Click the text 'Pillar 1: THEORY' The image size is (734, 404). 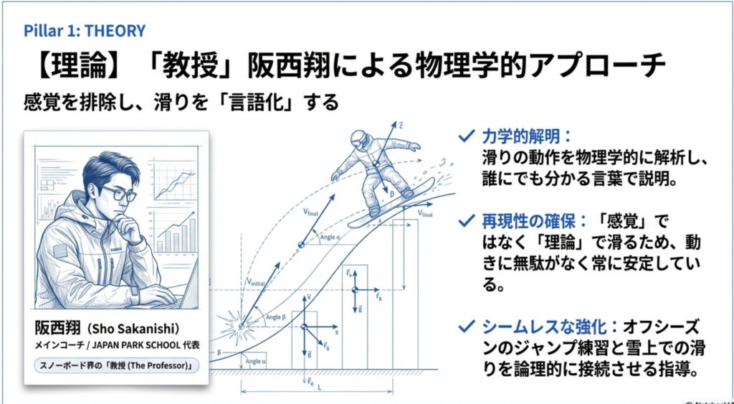[85, 31]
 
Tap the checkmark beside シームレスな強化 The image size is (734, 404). [468, 327]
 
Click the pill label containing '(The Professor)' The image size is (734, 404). [117, 365]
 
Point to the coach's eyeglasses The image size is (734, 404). [118, 194]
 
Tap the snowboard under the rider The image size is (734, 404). [404, 198]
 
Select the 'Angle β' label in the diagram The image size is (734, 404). [276, 316]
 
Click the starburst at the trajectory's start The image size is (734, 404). [239, 324]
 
